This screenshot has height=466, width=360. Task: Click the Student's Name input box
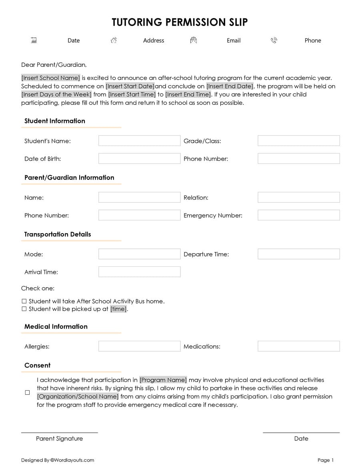pos(139,141)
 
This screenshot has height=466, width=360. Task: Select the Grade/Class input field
pos(298,141)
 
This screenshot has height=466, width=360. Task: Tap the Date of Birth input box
pos(139,158)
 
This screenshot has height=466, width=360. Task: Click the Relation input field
pos(298,197)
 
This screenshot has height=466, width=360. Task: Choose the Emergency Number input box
pos(298,215)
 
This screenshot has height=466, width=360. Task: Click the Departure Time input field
pos(298,254)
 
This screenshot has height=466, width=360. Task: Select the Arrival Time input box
pos(139,272)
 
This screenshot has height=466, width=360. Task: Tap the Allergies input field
pos(139,346)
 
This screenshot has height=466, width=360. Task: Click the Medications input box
pos(298,346)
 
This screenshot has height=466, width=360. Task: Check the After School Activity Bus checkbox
pos(24,301)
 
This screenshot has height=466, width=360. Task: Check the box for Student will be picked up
pos(24,309)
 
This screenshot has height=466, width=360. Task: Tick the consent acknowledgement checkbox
pos(27,392)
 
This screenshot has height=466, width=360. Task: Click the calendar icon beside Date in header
pos(34,40)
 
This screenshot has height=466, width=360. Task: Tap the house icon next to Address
pos(114,40)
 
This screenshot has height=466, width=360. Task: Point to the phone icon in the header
pos(274,40)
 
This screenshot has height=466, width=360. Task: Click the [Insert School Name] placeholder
pos(51,78)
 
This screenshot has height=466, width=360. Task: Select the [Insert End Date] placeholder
pos(230,86)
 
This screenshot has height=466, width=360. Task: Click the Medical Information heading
pos(56,326)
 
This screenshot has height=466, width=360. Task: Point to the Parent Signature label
pos(59,438)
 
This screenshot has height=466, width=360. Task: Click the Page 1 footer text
pos(325,460)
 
